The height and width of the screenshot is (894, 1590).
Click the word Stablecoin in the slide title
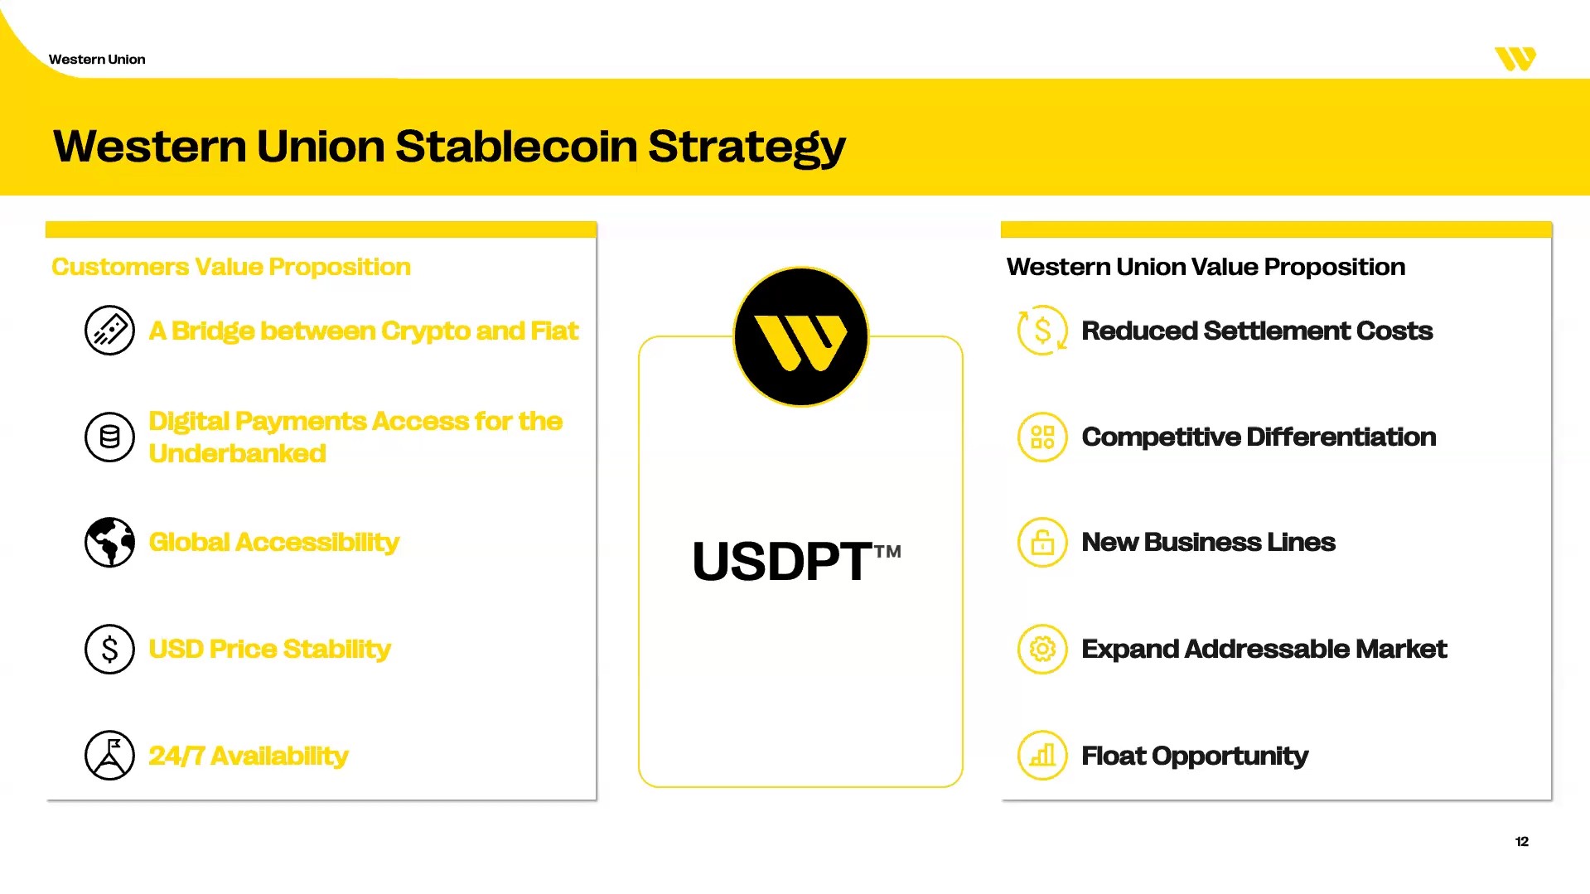[x=516, y=146]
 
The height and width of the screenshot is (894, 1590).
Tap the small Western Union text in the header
[x=97, y=60]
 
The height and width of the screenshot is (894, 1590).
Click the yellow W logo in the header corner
[x=1515, y=59]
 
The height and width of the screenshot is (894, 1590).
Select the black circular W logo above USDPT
[x=801, y=336]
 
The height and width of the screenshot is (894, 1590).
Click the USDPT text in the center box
[x=781, y=561]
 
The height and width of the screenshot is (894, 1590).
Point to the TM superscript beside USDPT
[x=887, y=552]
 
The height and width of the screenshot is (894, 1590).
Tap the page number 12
[x=1522, y=841]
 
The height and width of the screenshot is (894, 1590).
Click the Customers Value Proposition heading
[x=231, y=267]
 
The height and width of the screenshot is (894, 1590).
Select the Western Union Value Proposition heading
[x=1206, y=267]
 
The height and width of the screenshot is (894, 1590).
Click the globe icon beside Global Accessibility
[x=109, y=543]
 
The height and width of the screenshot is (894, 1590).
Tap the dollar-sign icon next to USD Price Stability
[x=109, y=649]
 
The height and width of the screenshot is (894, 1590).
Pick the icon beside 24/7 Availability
[x=109, y=755]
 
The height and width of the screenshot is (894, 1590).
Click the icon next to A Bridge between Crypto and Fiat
[x=109, y=331]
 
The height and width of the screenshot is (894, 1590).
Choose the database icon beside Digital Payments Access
[x=109, y=437]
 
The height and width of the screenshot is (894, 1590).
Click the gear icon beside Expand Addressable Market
[x=1042, y=649]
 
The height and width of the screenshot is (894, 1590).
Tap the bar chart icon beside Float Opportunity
[x=1042, y=755]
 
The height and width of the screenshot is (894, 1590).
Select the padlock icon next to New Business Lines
[x=1042, y=543]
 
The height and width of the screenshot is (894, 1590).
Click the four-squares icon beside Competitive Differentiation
[x=1042, y=437]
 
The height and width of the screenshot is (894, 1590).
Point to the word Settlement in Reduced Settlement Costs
[x=1276, y=331]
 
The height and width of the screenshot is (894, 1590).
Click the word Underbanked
[x=238, y=453]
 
